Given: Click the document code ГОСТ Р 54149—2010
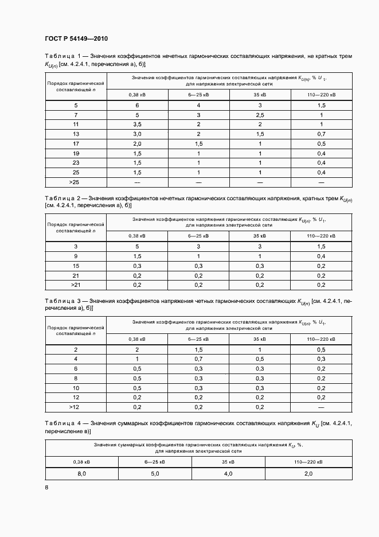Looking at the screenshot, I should pos(76,39).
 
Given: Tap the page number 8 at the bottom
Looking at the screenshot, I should pos(46,488).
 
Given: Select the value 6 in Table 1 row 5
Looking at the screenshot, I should pos(137,106).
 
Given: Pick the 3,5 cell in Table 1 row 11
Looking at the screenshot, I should pos(137,124).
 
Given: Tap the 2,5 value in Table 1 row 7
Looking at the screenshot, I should pos(260,115).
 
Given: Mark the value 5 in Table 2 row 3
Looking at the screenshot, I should pos(137,247).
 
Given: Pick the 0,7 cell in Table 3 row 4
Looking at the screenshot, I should pos(198,359).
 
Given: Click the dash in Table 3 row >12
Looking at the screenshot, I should pos(322,407).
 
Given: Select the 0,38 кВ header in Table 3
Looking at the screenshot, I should pos(137,338).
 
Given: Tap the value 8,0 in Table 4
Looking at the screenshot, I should pos(81,474).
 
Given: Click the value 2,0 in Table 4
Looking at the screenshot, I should pos(308,474).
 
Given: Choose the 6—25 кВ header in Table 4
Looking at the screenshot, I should pos(155,461).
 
